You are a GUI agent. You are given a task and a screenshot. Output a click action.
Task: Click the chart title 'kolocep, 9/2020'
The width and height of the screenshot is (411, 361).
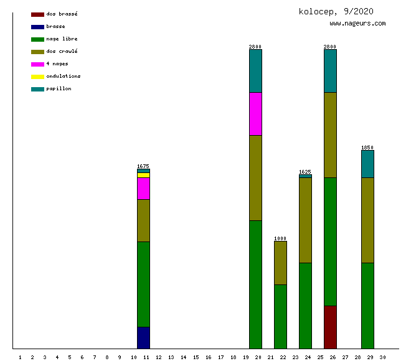[x=336, y=11]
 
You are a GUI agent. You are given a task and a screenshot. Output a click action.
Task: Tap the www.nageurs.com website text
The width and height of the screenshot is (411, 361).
[x=357, y=24]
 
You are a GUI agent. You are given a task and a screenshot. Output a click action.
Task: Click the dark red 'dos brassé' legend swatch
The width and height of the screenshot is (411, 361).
[x=37, y=14]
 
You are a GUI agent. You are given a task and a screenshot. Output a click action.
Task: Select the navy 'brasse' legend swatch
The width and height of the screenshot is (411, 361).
[x=37, y=27]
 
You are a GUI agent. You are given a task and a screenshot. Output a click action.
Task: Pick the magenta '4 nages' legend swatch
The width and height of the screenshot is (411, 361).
[x=37, y=64]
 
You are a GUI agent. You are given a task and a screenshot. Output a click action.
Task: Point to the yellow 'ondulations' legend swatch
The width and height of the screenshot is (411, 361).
[x=37, y=77]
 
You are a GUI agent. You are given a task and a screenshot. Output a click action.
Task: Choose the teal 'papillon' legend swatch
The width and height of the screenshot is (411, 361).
[x=37, y=89]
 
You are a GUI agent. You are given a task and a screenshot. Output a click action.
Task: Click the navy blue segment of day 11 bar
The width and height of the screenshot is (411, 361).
[x=143, y=337]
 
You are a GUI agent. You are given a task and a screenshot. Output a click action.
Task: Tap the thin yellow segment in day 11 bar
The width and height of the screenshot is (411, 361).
[x=143, y=175]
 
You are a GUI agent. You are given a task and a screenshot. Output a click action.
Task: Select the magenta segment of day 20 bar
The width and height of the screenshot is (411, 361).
[x=255, y=113]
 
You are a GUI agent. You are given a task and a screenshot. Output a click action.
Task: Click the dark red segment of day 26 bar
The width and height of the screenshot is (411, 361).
[x=330, y=327]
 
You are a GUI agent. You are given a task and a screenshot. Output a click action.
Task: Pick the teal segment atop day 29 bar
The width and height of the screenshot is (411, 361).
[x=367, y=164]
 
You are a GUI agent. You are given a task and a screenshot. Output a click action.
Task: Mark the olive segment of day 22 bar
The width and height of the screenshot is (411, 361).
[x=280, y=263]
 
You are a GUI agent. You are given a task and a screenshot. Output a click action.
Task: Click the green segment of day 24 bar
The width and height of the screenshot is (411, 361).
[x=305, y=305]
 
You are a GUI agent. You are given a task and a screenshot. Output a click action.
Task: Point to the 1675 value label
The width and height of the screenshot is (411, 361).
[x=143, y=166]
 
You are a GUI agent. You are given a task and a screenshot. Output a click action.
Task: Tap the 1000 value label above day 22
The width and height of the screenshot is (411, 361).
[x=280, y=238]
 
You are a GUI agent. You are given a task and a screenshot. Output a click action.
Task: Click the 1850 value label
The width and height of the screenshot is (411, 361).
[x=367, y=148]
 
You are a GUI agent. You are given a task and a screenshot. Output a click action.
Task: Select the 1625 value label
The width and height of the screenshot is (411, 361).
[x=305, y=172]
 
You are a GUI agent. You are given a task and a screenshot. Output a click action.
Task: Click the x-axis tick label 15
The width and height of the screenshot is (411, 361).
[x=196, y=357]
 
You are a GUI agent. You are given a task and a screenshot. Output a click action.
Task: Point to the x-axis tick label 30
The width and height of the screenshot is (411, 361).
[x=382, y=357]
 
